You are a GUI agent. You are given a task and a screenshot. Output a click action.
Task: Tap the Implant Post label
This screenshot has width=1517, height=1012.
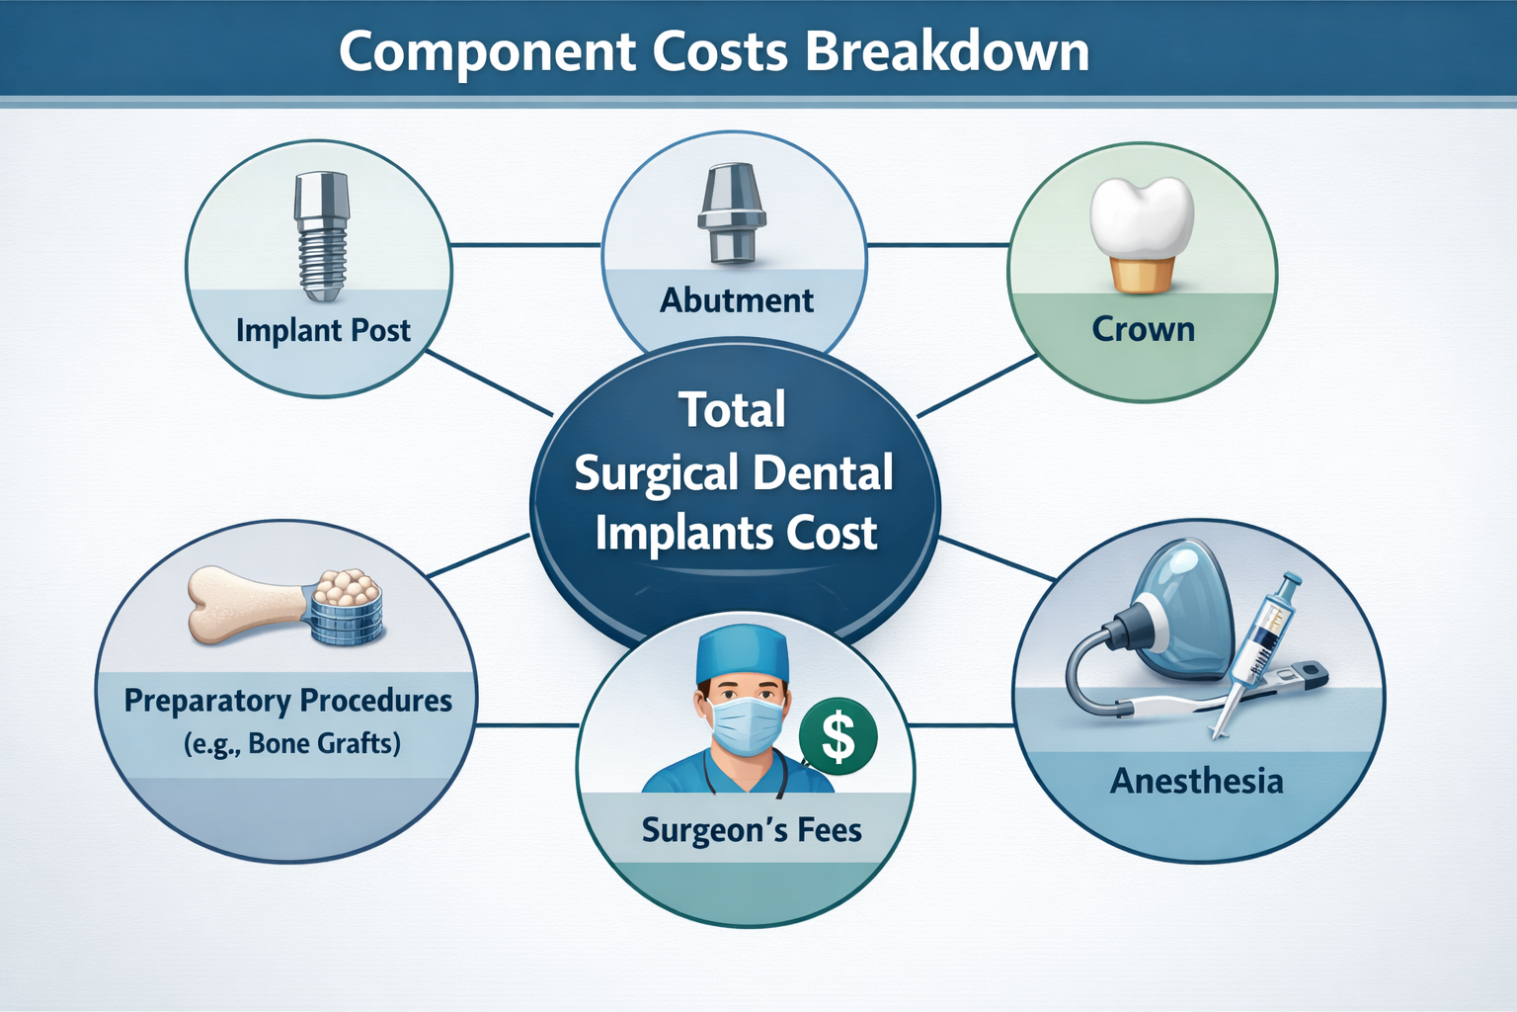(x=323, y=330)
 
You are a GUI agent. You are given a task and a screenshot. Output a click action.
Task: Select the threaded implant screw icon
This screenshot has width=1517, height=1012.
(x=321, y=237)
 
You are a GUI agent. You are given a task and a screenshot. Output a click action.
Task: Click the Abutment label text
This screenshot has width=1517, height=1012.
(x=737, y=300)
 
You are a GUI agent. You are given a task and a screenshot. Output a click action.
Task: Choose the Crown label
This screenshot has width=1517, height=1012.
(x=1143, y=329)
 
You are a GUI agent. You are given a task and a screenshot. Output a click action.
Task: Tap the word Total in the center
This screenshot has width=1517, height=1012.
(x=732, y=410)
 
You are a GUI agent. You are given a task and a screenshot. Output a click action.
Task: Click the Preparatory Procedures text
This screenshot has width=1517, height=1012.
(x=287, y=701)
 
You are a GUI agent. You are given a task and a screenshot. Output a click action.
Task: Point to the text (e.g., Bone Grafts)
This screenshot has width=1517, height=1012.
(x=292, y=743)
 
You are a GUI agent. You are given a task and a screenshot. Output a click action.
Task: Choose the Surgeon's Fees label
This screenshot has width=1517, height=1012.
(x=752, y=830)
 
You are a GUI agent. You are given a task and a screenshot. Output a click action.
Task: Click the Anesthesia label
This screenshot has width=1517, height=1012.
(x=1196, y=782)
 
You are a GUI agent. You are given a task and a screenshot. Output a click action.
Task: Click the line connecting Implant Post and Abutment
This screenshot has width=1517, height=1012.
(x=526, y=244)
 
